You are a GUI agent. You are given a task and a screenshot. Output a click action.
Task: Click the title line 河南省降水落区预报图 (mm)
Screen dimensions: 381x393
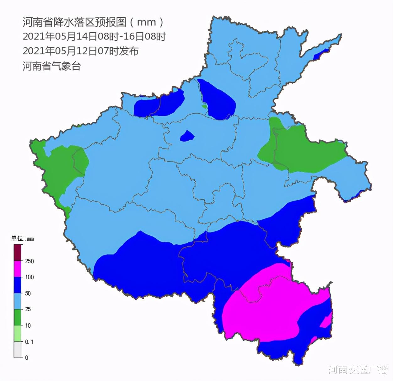coord(93,22)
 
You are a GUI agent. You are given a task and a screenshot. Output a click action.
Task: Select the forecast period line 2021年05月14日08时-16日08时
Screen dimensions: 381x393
coord(94,37)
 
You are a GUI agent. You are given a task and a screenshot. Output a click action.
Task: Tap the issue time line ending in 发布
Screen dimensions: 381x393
coord(80,51)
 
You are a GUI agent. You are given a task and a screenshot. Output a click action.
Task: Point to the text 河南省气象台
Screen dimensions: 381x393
coord(51,66)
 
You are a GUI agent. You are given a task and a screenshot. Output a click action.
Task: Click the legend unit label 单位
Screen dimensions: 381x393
coord(17,239)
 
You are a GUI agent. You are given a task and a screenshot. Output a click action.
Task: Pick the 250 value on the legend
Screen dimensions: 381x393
coord(29,261)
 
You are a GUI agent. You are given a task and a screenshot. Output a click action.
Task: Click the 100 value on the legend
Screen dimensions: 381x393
coord(29,277)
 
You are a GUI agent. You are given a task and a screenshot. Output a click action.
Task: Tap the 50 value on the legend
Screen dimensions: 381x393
coord(28,293)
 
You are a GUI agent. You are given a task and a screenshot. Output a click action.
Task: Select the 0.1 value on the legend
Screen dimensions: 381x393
coord(29,342)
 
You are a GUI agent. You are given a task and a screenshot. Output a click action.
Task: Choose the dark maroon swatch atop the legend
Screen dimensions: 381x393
coord(17,253)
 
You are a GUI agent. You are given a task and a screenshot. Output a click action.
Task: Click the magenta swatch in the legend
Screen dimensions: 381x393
coord(17,269)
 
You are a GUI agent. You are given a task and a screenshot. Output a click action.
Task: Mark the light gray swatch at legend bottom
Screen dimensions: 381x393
coord(17,350)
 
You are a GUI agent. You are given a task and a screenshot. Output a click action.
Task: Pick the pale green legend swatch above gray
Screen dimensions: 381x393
coord(17,334)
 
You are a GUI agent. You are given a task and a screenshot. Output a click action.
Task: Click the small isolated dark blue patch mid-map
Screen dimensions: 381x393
coord(187,137)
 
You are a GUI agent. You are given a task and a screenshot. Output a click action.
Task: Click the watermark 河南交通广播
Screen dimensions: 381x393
coord(358,370)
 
